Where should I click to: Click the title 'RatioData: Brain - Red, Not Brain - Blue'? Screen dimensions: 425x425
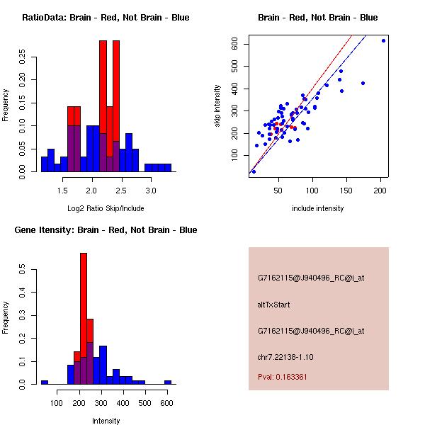tap(106, 18)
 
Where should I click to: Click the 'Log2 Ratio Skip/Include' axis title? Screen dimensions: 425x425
tap(106, 209)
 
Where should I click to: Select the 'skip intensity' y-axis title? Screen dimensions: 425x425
tap(217, 106)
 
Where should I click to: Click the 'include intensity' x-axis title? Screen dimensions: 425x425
tap(317, 209)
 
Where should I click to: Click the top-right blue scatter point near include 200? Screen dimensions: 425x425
tap(383, 40)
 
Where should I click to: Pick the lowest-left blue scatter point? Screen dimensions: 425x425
tap(254, 171)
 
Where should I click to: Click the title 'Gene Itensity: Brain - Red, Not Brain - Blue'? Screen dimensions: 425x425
tap(106, 230)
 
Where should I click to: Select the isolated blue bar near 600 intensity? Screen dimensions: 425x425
tap(168, 382)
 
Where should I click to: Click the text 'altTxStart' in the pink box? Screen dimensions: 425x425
tap(273, 305)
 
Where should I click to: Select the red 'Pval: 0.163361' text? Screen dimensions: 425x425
tap(283, 377)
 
